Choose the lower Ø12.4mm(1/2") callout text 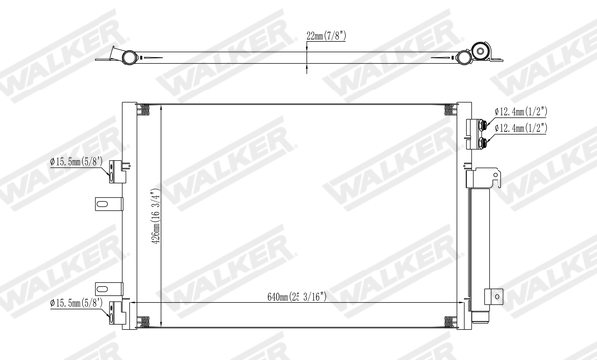click(533, 130)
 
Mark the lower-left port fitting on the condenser click(118, 311)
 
